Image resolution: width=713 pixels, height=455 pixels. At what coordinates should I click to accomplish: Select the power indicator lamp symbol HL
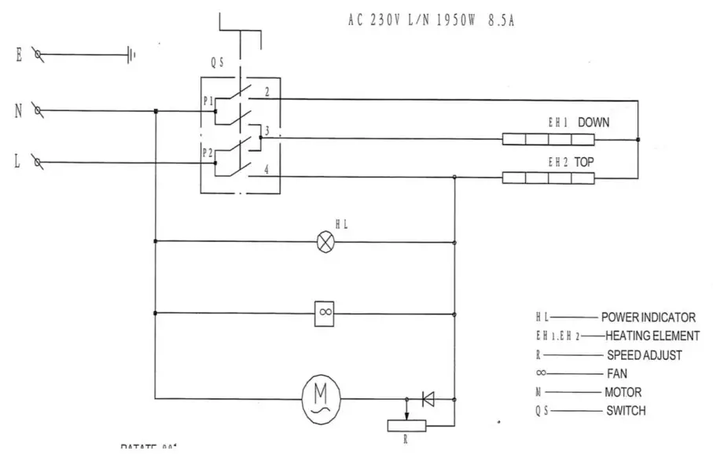coord(325,242)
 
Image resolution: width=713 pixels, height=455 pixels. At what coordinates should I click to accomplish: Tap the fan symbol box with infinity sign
coord(325,313)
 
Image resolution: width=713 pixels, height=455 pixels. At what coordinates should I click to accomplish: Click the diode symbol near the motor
coord(428,399)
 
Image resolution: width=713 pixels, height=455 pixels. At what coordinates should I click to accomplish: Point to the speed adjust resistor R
coord(406,425)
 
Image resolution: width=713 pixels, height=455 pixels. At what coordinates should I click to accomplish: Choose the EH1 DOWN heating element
coord(548,140)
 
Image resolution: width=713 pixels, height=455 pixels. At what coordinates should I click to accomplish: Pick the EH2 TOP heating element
coord(548,178)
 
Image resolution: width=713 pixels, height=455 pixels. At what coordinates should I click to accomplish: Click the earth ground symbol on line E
coord(131,55)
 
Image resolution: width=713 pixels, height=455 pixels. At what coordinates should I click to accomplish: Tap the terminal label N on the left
coord(17,111)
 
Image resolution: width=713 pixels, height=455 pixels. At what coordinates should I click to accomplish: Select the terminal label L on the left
coord(17,163)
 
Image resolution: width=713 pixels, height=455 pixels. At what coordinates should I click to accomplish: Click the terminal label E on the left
coord(17,54)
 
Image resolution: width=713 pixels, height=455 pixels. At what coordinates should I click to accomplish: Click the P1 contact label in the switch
coord(208,101)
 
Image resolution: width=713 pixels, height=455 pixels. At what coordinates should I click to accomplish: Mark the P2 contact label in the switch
coord(208,152)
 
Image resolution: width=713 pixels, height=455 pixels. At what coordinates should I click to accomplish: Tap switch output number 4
coord(267,169)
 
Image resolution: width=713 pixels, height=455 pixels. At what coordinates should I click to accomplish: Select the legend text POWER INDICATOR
coord(648,318)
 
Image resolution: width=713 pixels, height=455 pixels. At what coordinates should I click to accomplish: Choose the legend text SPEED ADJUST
coord(644,355)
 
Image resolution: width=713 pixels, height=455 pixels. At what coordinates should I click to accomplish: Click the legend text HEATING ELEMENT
coord(652,336)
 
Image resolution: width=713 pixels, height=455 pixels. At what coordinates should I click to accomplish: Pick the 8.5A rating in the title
coord(501,20)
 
